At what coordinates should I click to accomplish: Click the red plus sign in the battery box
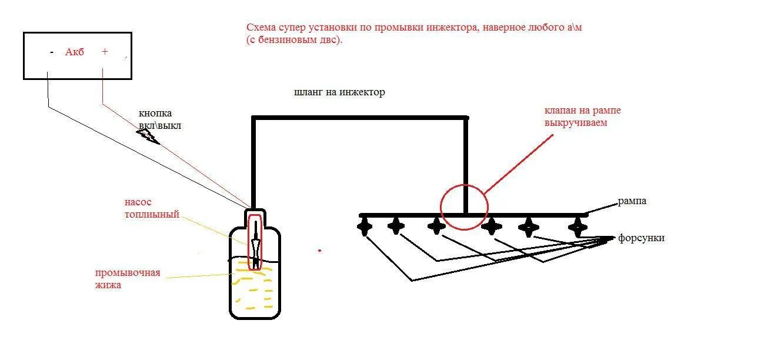(x=105, y=52)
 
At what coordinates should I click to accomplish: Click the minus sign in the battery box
(x=52, y=52)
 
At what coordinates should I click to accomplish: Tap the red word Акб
(x=75, y=52)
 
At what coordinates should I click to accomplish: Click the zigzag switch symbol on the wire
(x=148, y=136)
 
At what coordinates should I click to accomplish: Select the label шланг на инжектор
(x=339, y=92)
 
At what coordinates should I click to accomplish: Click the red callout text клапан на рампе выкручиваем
(x=582, y=117)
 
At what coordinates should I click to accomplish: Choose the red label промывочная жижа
(x=128, y=279)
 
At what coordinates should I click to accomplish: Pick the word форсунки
(x=641, y=238)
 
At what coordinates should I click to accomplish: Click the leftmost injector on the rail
(x=365, y=226)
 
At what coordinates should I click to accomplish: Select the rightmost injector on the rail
(x=578, y=226)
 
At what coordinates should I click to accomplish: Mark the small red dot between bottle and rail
(x=319, y=251)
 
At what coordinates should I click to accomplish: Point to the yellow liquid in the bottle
(x=254, y=288)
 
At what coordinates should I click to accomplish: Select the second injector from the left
(x=396, y=226)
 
